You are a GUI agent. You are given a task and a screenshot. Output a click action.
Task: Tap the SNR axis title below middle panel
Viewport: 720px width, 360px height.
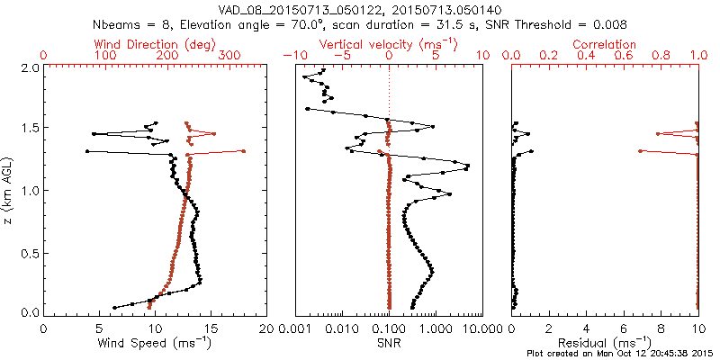(x=388, y=343)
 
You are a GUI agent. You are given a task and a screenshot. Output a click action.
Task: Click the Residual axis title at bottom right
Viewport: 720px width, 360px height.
(x=616, y=343)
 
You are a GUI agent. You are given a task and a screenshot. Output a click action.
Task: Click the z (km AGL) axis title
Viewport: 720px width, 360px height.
(x=9, y=190)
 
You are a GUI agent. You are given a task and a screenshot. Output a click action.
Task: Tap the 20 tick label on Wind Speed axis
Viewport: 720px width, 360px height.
(x=265, y=328)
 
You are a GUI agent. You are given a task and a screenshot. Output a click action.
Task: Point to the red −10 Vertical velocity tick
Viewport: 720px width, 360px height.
(x=291, y=56)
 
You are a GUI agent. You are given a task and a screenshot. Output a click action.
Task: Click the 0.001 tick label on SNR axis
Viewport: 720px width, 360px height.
(x=294, y=328)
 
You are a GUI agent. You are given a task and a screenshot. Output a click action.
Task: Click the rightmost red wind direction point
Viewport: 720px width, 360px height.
(x=243, y=151)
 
